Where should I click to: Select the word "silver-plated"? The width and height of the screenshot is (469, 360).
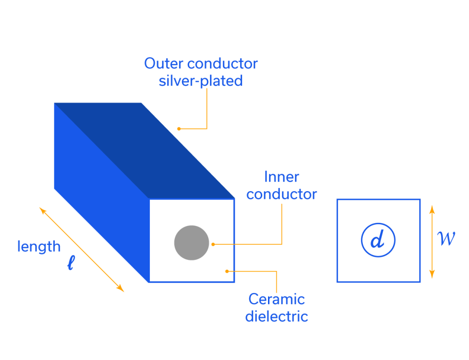click(201, 81)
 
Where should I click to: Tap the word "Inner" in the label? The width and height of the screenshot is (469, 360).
click(281, 177)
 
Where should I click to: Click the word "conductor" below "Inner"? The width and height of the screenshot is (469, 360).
click(281, 194)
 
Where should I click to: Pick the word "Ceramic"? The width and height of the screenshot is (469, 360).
click(276, 299)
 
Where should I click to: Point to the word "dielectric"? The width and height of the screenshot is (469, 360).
click(276, 316)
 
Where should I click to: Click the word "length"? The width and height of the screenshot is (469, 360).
click(39, 247)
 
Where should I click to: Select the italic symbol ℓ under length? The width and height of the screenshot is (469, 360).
click(71, 263)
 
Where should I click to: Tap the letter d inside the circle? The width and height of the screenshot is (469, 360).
click(378, 240)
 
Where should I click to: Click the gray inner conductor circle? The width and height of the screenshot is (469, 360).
click(191, 243)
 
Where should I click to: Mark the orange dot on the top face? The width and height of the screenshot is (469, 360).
click(179, 129)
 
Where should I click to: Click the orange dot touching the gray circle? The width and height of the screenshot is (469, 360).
click(213, 244)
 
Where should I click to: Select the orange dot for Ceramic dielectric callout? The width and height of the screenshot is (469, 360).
click(227, 271)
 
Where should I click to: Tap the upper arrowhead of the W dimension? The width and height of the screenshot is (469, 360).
click(432, 208)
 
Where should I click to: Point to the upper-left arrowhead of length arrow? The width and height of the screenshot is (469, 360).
click(42, 210)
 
